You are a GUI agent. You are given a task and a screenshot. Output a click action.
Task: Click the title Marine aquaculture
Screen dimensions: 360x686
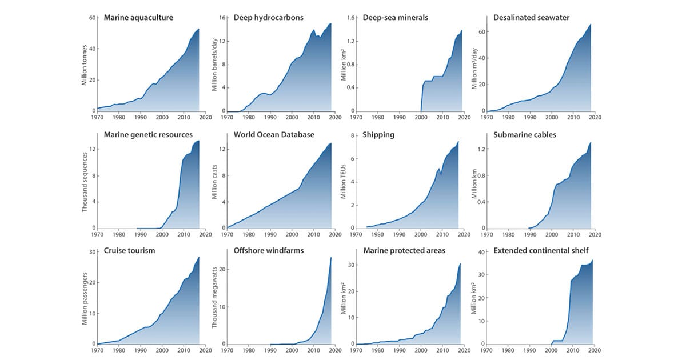[138, 18]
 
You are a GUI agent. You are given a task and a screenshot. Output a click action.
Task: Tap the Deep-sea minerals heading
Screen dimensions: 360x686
[395, 18]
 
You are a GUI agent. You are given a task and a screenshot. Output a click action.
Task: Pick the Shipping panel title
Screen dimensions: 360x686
[379, 135]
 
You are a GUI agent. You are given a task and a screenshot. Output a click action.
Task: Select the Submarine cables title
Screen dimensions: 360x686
[524, 135]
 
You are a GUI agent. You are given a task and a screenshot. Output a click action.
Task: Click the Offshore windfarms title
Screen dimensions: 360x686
[268, 251]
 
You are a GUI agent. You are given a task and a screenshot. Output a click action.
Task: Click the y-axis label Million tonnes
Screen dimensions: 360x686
[84, 64]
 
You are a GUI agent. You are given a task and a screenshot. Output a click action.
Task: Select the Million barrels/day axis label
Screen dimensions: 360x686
[214, 64]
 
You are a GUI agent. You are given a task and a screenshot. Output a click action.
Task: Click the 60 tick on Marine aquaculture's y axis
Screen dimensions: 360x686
[91, 18]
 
